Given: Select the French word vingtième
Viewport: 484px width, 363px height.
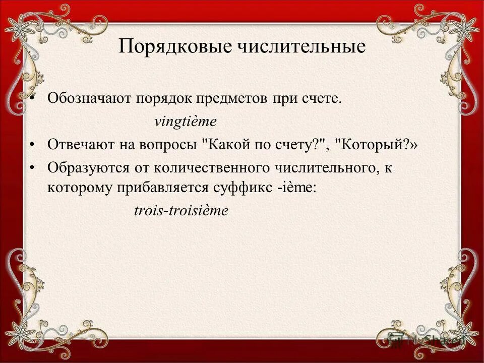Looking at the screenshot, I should click(185, 122).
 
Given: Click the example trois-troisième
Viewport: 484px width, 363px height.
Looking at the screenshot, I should click(181, 211).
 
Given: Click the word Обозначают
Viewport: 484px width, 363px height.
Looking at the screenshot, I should click(89, 98).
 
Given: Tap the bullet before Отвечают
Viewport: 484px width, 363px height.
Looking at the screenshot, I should click(32, 145).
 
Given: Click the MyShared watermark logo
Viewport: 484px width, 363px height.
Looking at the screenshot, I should click(423, 339).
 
